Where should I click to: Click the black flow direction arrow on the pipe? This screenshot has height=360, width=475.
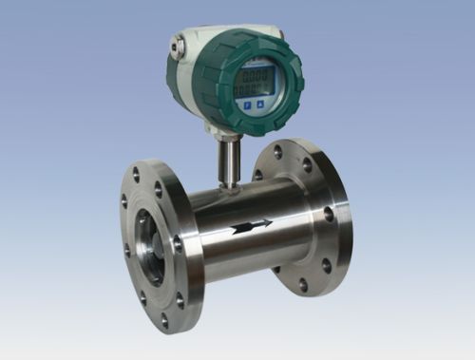(249, 226)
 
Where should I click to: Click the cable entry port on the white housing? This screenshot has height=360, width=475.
(176, 45)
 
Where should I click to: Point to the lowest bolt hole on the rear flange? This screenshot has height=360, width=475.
(302, 284)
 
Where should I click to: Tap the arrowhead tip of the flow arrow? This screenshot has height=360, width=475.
(270, 224)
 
